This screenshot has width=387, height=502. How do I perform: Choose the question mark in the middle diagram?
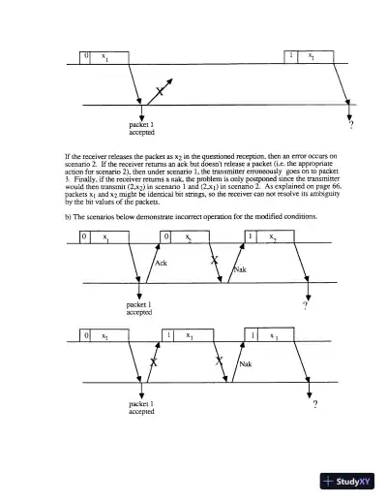coord(305,305)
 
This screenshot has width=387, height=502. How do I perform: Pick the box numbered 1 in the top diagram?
coord(292,56)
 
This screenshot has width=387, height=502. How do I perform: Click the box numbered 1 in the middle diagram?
coord(251,235)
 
